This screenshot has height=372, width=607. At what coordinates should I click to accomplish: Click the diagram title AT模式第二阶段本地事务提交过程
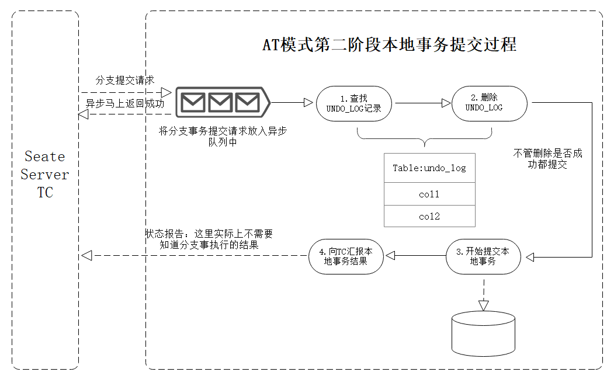point(390,44)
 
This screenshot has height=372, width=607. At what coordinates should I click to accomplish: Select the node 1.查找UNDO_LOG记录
point(354,103)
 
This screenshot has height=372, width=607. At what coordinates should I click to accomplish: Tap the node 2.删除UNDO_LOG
point(490,103)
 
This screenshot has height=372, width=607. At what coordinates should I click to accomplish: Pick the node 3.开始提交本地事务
point(483,256)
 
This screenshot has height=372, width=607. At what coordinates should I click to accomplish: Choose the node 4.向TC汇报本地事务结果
point(346,256)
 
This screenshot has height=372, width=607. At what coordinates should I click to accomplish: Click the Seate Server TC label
point(45,174)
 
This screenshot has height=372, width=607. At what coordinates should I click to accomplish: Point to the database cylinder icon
point(483,333)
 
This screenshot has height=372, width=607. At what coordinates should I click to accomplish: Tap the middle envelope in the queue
point(220,103)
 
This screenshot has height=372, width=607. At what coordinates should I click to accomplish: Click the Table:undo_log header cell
point(429,168)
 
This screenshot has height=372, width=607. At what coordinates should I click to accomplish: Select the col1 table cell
point(429,194)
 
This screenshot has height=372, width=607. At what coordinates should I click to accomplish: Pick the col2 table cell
point(429,216)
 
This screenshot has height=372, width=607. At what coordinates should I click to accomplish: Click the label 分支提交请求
point(124,80)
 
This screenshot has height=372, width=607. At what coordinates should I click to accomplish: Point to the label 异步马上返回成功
point(124,103)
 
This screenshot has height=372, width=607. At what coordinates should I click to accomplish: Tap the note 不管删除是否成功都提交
point(547,159)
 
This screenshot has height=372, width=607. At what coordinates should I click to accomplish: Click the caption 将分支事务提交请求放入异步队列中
point(223,136)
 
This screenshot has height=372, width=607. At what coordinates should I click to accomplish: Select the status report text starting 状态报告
point(209,239)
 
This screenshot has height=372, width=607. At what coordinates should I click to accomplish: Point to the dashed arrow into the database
point(484,294)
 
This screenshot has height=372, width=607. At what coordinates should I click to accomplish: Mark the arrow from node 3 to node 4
point(416,255)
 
